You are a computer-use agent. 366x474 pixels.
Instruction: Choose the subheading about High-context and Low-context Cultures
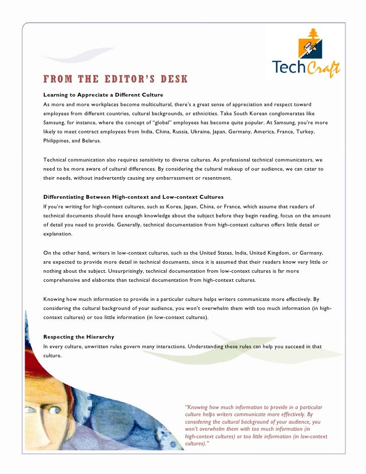133,196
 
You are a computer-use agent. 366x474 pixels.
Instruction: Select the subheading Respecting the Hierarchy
79,336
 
